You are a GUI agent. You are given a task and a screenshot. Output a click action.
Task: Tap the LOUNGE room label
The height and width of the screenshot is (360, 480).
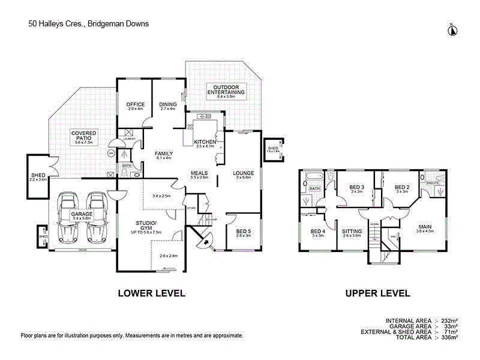[x=244, y=173]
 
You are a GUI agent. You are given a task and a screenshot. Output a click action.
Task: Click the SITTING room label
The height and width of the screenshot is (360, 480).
[x=352, y=231]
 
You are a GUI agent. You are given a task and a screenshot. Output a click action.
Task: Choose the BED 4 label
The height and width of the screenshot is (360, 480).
[x=317, y=231]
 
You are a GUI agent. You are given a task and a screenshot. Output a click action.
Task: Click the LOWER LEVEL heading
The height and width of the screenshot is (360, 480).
[x=151, y=293]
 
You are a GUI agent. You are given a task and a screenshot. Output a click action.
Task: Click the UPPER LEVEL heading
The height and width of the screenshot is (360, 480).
[x=377, y=293]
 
